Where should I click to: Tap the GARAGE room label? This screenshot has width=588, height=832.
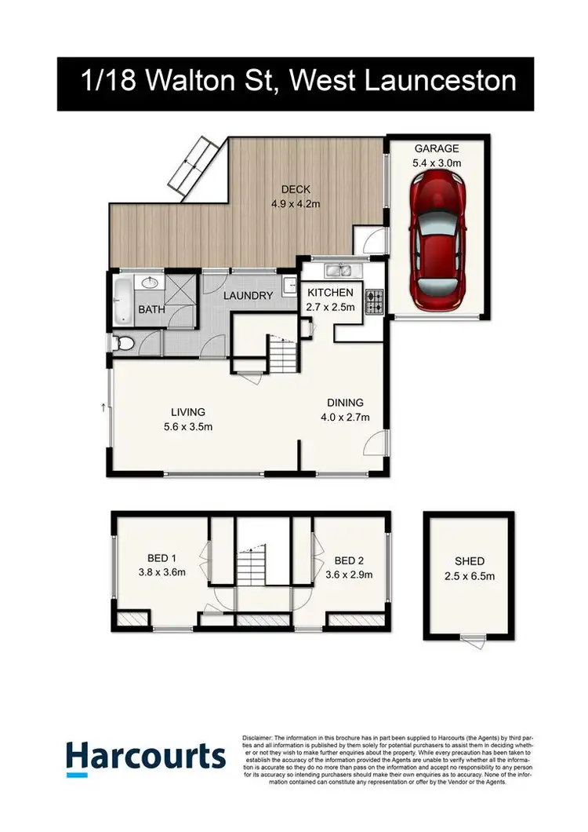[437, 148]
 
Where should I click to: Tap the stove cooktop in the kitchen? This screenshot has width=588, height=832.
[374, 299]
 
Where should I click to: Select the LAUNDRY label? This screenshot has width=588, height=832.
[248, 296]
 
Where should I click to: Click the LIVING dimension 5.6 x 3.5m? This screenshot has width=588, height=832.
[188, 426]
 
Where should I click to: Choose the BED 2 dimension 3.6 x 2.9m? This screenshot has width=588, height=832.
[354, 574]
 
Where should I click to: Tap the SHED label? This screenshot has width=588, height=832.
[470, 561]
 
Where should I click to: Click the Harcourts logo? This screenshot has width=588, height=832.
[146, 757]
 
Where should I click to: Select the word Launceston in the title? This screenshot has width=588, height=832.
[440, 82]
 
